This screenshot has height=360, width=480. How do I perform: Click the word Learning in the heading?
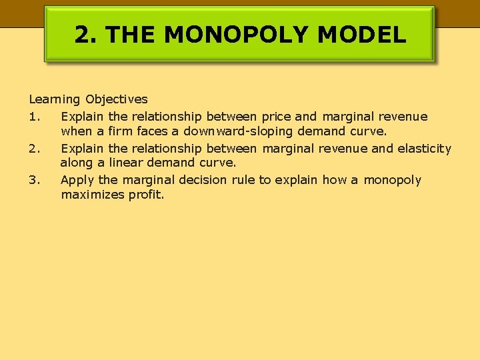[54, 100]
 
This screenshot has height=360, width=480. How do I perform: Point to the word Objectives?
[117, 100]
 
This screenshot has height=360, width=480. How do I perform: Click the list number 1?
[35, 117]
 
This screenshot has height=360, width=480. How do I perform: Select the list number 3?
[35, 180]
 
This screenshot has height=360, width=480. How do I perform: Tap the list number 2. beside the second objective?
[35, 149]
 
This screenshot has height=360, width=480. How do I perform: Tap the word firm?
[121, 132]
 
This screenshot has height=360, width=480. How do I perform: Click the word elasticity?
[424, 149]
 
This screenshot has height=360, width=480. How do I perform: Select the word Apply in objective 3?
[77, 180]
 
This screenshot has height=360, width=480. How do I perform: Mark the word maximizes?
[92, 195]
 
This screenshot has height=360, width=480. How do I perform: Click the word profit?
[146, 195]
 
